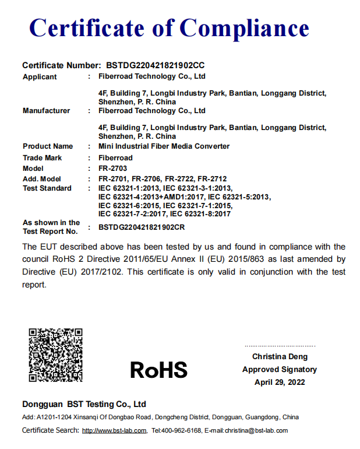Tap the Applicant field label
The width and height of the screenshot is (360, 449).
(40, 76)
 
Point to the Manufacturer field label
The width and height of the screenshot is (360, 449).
(46, 110)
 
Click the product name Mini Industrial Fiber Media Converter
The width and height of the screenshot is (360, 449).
(164, 146)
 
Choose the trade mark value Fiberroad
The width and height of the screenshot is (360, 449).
(115, 158)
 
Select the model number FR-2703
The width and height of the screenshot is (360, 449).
(112, 169)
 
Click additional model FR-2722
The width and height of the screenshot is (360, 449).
(179, 179)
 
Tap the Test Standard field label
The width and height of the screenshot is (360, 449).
(47, 188)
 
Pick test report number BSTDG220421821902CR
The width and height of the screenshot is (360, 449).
(142, 227)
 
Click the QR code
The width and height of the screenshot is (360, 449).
(55, 355)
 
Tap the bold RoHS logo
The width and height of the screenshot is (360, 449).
(158, 370)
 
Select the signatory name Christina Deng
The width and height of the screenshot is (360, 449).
(280, 356)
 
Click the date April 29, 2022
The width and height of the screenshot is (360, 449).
(280, 383)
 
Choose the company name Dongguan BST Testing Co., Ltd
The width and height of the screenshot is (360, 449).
(84, 404)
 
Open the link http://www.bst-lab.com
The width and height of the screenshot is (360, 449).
(114, 431)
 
